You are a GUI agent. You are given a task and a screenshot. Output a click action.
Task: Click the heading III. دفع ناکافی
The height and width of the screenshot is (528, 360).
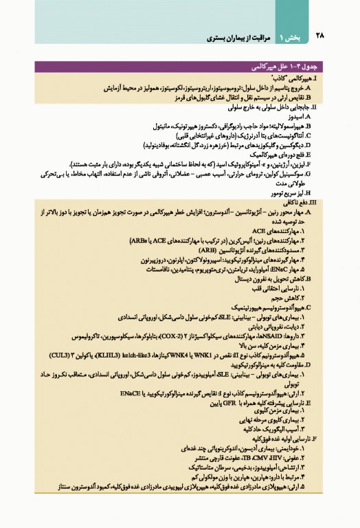(296, 203)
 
